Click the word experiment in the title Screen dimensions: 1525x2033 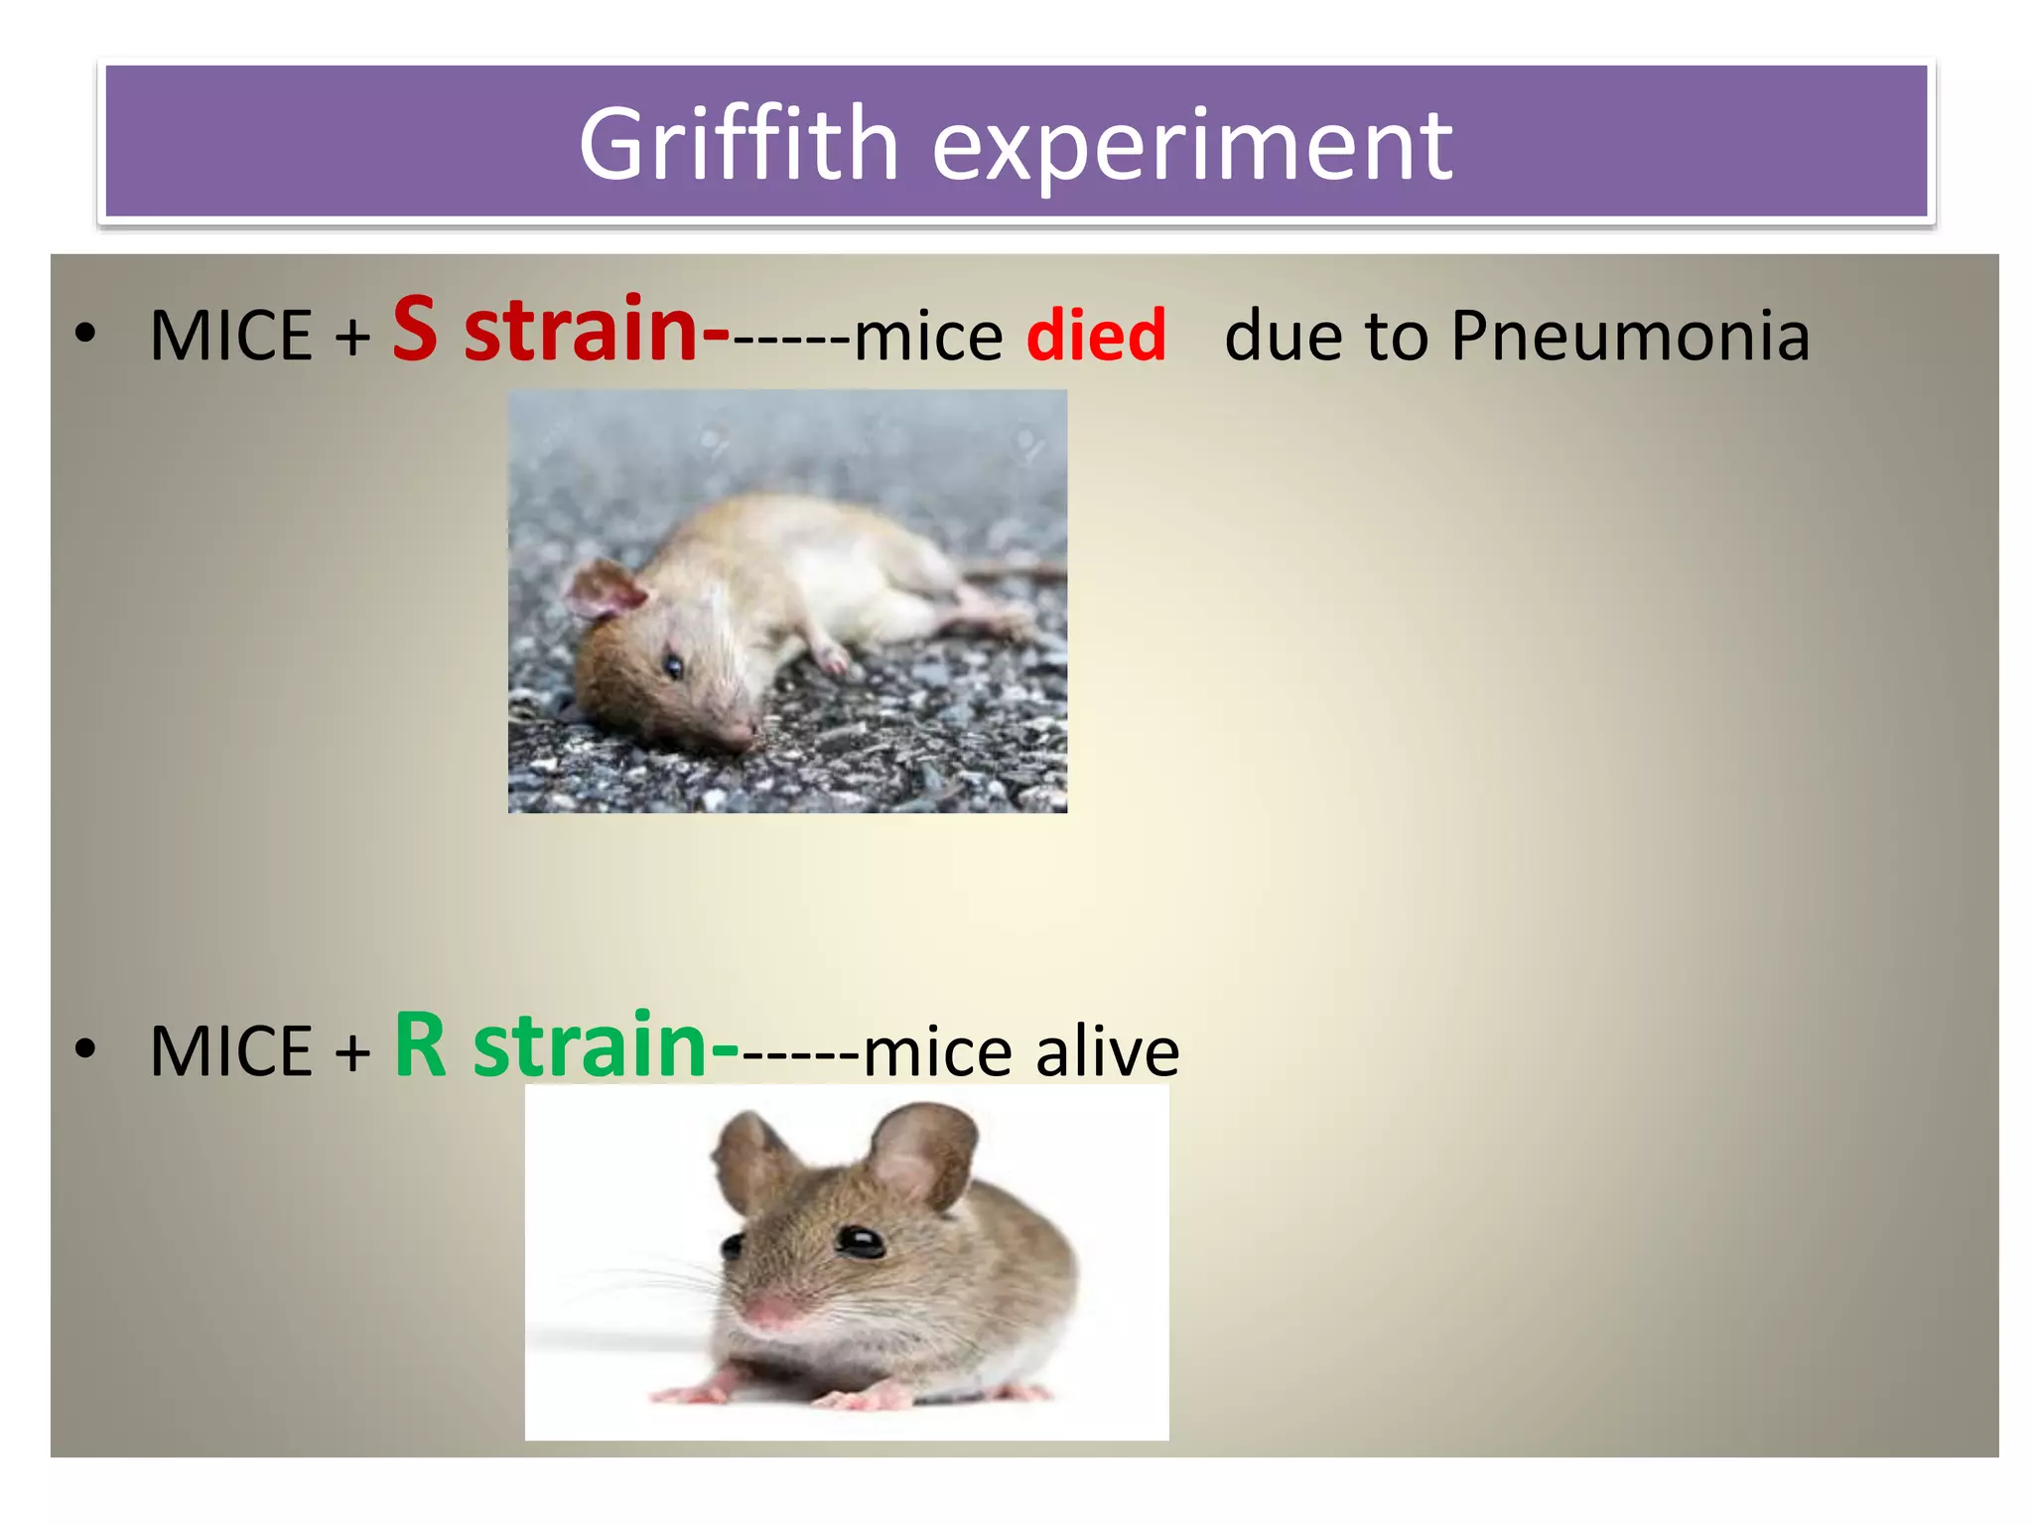pyautogui.click(x=1192, y=147)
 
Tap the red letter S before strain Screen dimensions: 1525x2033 pyautogui.click(x=415, y=329)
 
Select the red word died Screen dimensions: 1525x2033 pyautogui.click(x=1096, y=336)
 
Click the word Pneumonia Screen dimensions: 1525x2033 pyautogui.click(x=1630, y=336)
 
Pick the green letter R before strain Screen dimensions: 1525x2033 pyautogui.click(x=420, y=1044)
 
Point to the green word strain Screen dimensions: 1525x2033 pyautogui.click(x=590, y=1044)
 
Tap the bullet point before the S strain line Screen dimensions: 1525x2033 pyautogui.click(x=86, y=335)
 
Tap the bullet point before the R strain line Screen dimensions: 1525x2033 pyautogui.click(x=86, y=1049)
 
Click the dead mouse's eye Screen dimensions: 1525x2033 pyautogui.click(x=673, y=664)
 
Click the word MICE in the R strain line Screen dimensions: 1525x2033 pyautogui.click(x=231, y=1051)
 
